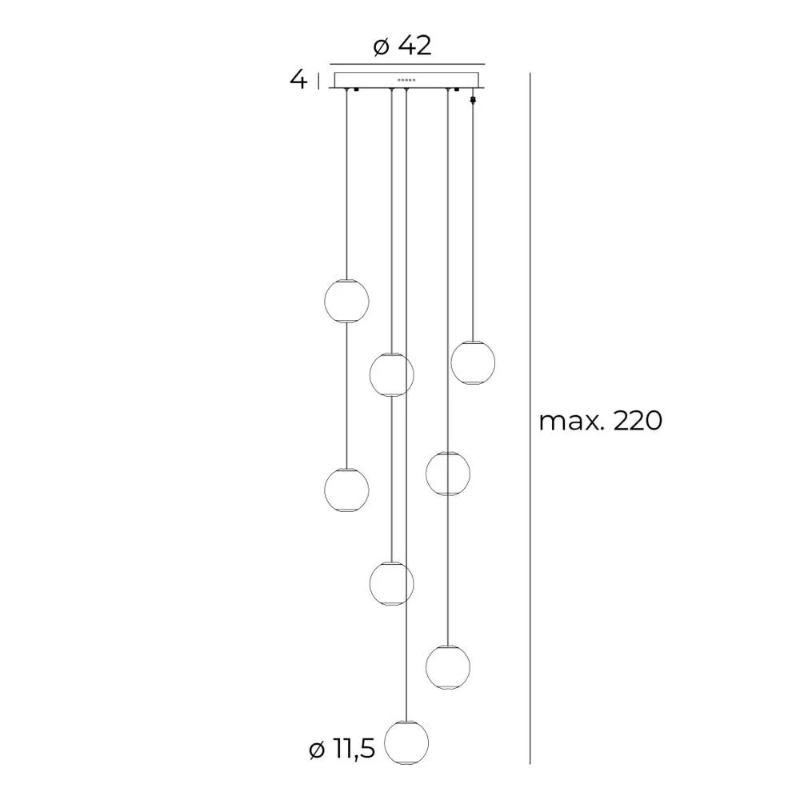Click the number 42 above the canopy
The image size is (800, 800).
(x=415, y=46)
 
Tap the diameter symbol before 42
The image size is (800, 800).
(x=382, y=47)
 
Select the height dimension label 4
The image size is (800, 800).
(x=298, y=79)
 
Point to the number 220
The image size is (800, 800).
(x=638, y=422)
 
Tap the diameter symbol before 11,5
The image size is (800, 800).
(x=317, y=750)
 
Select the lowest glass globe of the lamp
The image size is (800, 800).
(x=406, y=742)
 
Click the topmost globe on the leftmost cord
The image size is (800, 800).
(x=346, y=301)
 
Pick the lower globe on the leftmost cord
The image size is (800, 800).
(x=346, y=490)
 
